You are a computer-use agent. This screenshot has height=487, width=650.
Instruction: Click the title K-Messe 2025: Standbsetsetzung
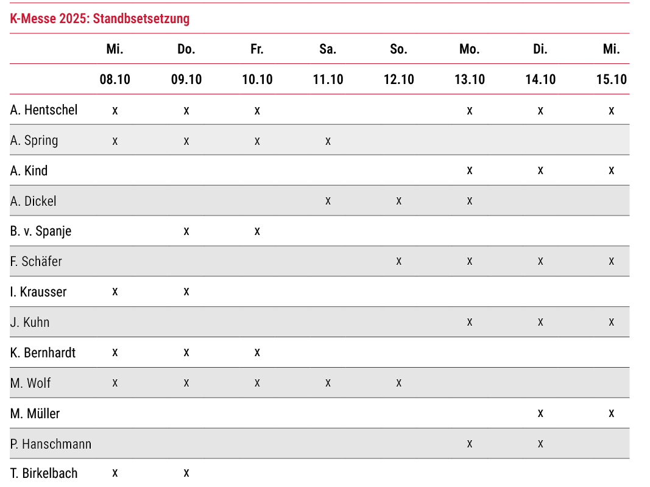[100, 19]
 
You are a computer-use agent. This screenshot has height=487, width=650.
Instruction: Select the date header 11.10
[328, 79]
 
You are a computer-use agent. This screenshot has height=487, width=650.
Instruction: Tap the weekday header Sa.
[328, 49]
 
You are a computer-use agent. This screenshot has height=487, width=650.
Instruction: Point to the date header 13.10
[470, 79]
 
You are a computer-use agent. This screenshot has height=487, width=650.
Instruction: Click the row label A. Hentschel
[44, 110]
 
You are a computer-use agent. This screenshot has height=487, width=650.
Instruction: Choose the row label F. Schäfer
[36, 262]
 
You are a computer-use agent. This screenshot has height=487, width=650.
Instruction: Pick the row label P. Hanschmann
[51, 444]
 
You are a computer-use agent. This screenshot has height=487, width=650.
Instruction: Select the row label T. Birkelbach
[44, 474]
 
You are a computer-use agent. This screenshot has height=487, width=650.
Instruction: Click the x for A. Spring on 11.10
[328, 141]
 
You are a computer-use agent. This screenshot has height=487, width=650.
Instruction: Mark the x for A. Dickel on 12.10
[398, 201]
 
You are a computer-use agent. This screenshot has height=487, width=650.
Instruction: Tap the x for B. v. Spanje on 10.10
[257, 231]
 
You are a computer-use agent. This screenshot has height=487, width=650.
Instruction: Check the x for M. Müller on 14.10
[540, 413]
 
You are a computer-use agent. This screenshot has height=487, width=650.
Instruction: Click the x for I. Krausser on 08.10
[115, 292]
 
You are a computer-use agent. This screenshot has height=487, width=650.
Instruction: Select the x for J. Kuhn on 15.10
[611, 322]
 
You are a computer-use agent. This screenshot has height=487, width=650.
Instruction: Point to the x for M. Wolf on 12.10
[398, 383]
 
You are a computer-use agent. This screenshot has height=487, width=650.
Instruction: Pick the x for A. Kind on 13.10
[470, 170]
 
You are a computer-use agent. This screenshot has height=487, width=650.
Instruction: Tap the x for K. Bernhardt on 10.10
[257, 352]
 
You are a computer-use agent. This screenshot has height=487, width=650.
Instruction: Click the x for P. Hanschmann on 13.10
[470, 444]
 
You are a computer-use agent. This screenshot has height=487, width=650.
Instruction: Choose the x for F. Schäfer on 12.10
[398, 262]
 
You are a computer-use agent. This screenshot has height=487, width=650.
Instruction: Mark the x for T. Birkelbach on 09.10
[186, 474]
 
